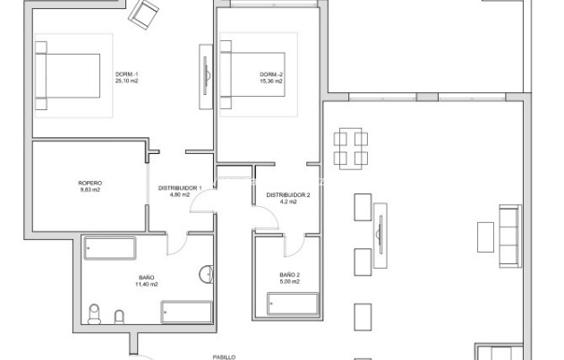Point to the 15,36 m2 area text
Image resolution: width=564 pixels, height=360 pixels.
pos(271,81)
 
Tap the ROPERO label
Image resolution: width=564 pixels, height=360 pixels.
pos(89,182)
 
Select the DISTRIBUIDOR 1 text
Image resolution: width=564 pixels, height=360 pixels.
pos(180,187)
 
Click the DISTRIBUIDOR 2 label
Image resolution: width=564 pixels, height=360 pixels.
pos(287,194)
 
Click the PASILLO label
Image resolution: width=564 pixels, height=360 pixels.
pos(223,356)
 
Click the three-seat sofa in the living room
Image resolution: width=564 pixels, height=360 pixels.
pos(509,235)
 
